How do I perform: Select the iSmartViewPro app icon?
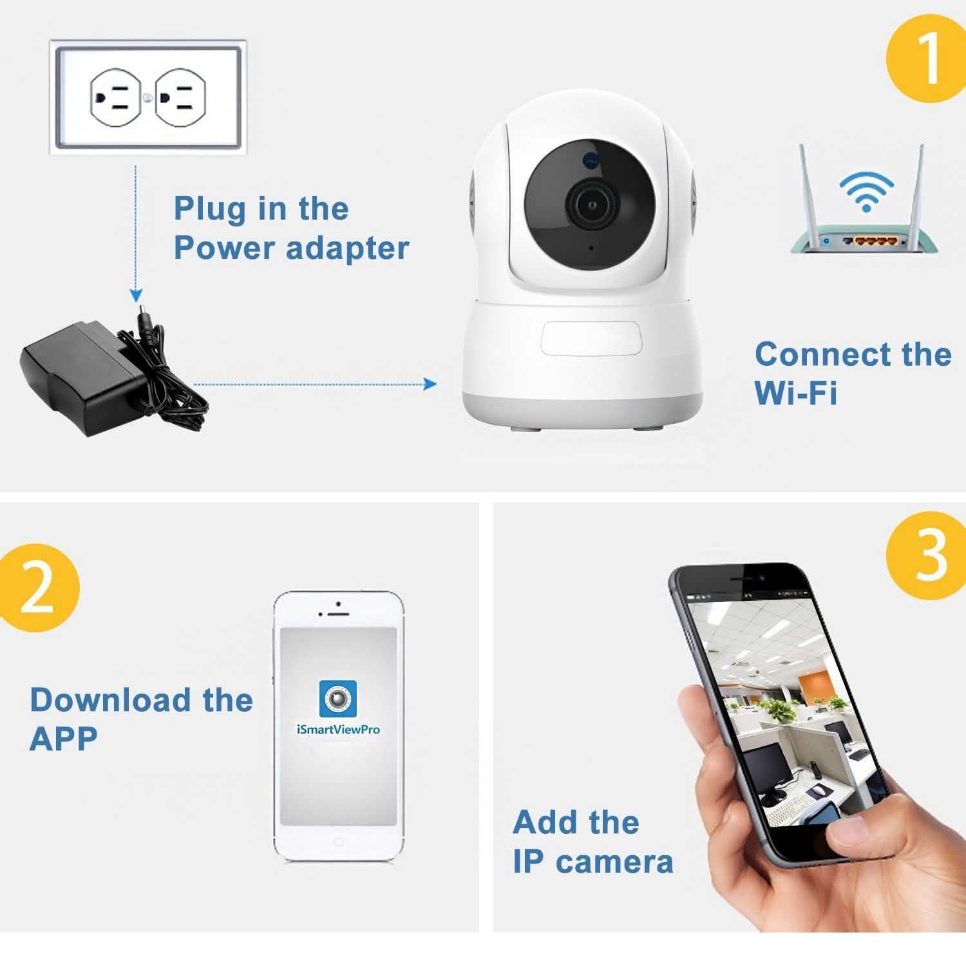click(x=337, y=698)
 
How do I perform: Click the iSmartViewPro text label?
click(x=337, y=730)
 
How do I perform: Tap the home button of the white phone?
click(x=338, y=842)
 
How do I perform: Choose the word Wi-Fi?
click(x=796, y=392)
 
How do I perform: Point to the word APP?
click(x=63, y=739)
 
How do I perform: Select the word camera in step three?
click(x=614, y=862)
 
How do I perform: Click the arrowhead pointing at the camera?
click(x=430, y=384)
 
